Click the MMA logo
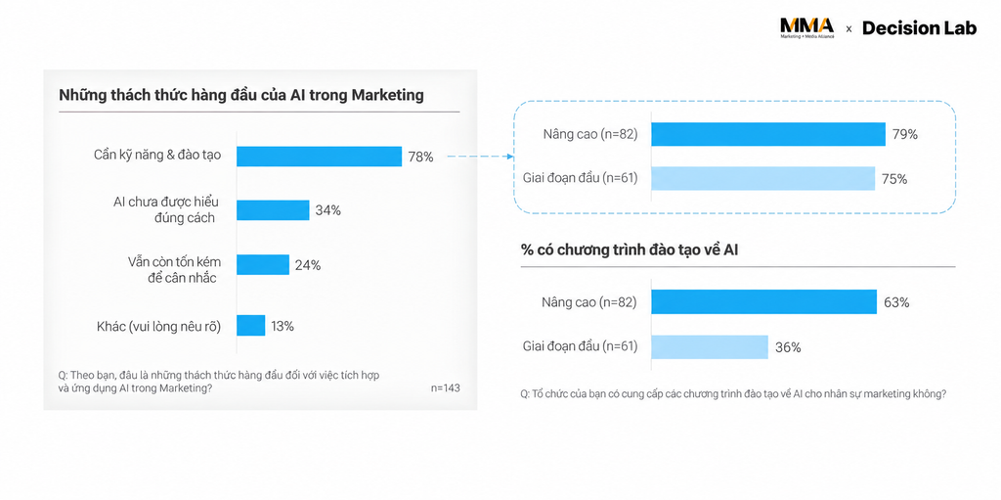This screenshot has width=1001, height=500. [806, 28]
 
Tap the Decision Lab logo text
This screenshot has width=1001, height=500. [919, 28]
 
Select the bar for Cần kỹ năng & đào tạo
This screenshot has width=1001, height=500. [320, 156]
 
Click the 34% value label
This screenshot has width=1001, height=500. [327, 210]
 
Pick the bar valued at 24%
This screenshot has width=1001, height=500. [263, 265]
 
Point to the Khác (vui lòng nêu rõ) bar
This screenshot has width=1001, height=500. [251, 326]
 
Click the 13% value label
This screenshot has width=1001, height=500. [283, 326]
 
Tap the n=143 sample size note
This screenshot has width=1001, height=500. [445, 388]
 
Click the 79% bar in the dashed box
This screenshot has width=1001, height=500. [768, 134]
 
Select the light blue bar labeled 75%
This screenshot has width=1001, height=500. [763, 178]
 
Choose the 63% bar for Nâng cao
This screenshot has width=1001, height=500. [764, 301]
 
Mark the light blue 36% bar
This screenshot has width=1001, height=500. [710, 347]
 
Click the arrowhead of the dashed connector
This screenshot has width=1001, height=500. [510, 156]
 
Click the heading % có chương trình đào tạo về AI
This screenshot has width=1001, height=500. [630, 250]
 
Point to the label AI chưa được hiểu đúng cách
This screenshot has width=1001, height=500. [165, 209]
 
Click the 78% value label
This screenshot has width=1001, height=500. [420, 157]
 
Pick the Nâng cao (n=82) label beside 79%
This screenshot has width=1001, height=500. [590, 134]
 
